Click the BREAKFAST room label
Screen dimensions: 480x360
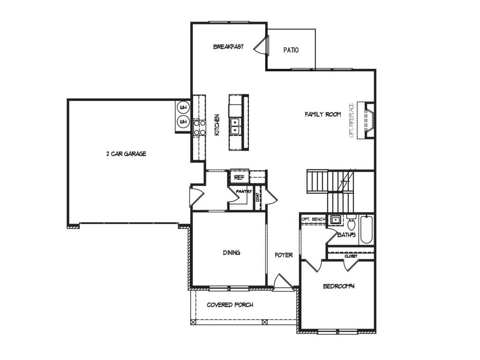[228, 46]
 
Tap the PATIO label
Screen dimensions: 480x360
[291, 50]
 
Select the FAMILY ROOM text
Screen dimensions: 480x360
[322, 114]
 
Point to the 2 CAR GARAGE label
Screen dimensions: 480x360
[126, 154]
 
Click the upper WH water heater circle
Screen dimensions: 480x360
[183, 107]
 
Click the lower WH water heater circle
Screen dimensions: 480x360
[183, 122]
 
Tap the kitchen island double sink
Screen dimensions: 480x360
[235, 127]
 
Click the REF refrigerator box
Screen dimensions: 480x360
[239, 177]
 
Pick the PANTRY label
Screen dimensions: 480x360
[244, 191]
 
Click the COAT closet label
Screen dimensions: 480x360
[257, 197]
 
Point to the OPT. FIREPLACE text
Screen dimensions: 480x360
[352, 120]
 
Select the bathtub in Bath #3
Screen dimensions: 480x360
[366, 230]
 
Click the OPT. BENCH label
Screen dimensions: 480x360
[314, 219]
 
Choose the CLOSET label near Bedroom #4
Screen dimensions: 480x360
[351, 256]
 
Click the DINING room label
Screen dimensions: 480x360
[232, 253]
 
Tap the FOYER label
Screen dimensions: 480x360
[284, 255]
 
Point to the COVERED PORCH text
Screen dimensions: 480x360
[230, 305]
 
